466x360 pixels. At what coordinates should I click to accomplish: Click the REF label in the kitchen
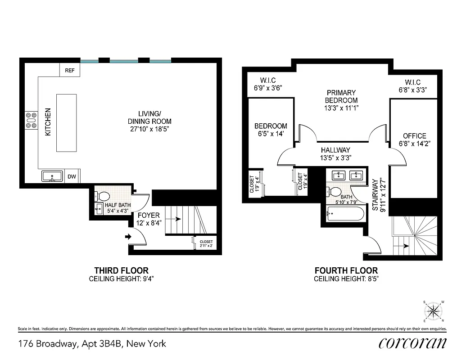click(x=69, y=71)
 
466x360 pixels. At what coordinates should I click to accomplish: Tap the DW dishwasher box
click(x=72, y=177)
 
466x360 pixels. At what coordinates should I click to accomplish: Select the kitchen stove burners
click(x=32, y=121)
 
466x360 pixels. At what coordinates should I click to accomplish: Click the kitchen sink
click(x=53, y=176)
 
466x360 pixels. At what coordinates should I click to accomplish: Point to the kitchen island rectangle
click(x=66, y=123)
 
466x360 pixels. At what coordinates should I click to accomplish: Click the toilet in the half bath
click(x=103, y=197)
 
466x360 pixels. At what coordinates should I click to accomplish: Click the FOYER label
click(x=148, y=215)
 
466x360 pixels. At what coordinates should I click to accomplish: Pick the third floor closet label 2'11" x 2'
click(x=206, y=244)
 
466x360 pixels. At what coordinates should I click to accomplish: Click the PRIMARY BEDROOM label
click(x=341, y=96)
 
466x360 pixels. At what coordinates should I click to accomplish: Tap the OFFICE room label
click(x=414, y=136)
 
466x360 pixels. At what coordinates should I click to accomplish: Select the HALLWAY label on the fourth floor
click(x=335, y=150)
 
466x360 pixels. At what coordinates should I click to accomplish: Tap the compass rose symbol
click(x=433, y=310)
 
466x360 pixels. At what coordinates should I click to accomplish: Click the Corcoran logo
click(x=412, y=343)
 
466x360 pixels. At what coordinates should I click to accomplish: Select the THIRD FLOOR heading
click(x=121, y=270)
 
